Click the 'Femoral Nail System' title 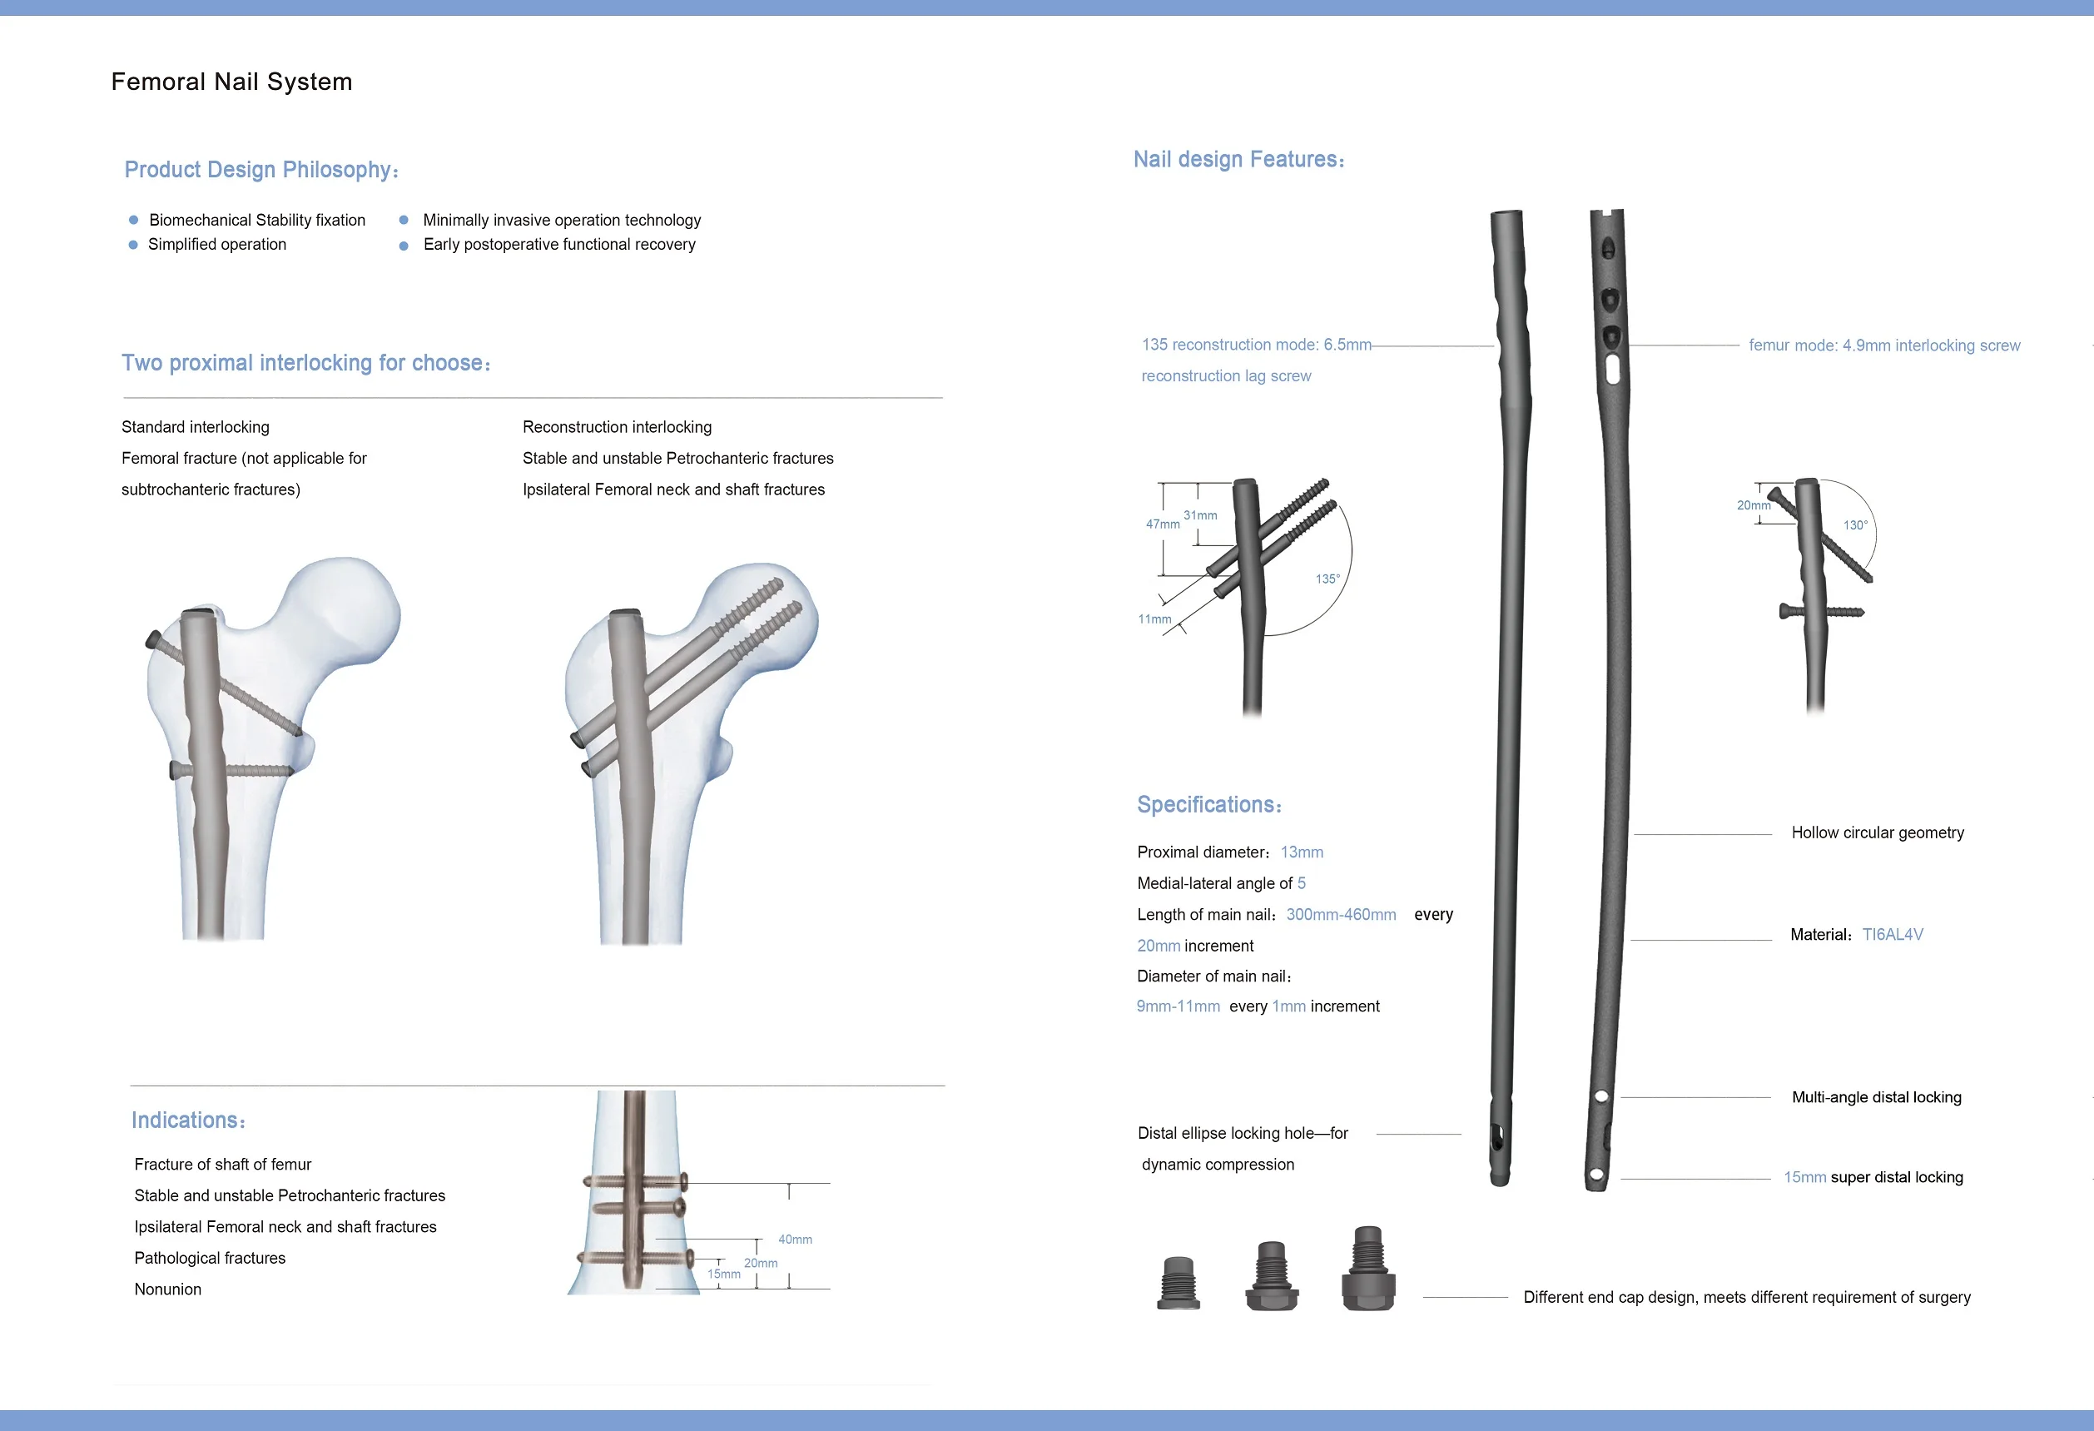[231, 82]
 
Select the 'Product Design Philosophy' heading [261, 170]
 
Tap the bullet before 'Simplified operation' [133, 245]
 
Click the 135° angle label [1327, 579]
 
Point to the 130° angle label [1855, 524]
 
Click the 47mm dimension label [1163, 524]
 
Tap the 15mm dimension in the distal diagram [723, 1274]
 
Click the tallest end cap [1367, 1268]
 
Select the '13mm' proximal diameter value [1301, 852]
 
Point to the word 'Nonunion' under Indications [167, 1289]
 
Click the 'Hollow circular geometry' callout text [1877, 832]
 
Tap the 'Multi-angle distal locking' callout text [1876, 1096]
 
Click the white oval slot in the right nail [1613, 369]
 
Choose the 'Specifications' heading [1208, 804]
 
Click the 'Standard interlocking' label [196, 427]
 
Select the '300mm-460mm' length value [1341, 914]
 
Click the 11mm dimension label [1154, 619]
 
